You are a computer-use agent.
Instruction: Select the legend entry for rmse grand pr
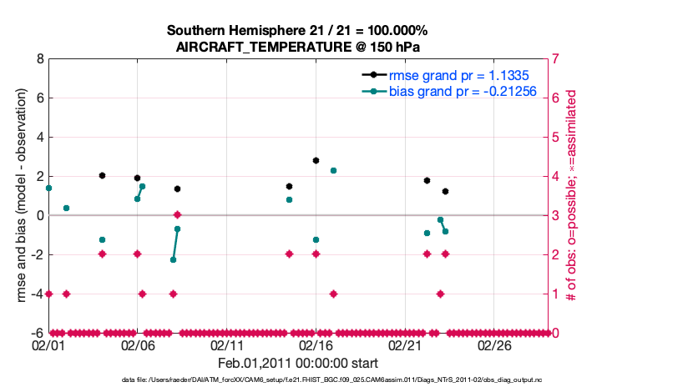pyautogui.click(x=442, y=74)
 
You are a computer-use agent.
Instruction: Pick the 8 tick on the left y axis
pyautogui.click(x=39, y=59)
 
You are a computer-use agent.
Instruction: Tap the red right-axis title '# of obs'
pyautogui.click(x=572, y=196)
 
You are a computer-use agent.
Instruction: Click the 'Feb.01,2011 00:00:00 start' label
pyautogui.click(x=298, y=363)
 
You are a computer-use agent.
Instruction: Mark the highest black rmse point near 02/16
pyautogui.click(x=316, y=160)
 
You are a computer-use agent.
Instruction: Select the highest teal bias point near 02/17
pyautogui.click(x=333, y=170)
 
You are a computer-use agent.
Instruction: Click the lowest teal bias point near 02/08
pyautogui.click(x=173, y=259)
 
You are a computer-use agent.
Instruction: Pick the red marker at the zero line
pyautogui.click(x=177, y=215)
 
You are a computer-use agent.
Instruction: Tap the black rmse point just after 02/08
pyautogui.click(x=177, y=188)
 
